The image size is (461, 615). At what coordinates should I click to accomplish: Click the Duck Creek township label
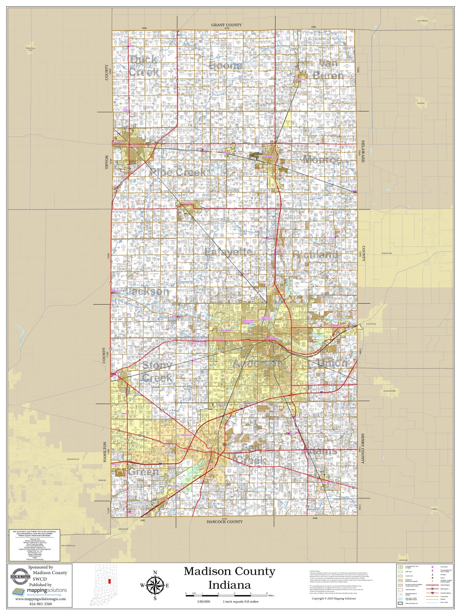(144, 66)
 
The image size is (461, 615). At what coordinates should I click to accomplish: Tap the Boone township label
(225, 65)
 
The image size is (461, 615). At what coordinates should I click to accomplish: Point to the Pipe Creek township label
(178, 172)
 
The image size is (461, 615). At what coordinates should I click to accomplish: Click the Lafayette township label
(228, 252)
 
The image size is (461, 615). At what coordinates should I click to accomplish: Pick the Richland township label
(315, 255)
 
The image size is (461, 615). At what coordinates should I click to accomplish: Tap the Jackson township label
(147, 291)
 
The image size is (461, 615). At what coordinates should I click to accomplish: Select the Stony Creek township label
(157, 372)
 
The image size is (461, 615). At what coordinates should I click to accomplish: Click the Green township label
(143, 472)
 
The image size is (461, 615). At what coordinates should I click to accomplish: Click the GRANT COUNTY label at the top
(226, 25)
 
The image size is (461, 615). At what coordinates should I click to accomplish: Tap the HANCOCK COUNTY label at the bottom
(224, 522)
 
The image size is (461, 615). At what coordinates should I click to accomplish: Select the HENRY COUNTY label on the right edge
(363, 448)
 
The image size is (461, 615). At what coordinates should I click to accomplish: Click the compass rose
(155, 585)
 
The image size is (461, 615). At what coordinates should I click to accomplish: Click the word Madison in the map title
(207, 571)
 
